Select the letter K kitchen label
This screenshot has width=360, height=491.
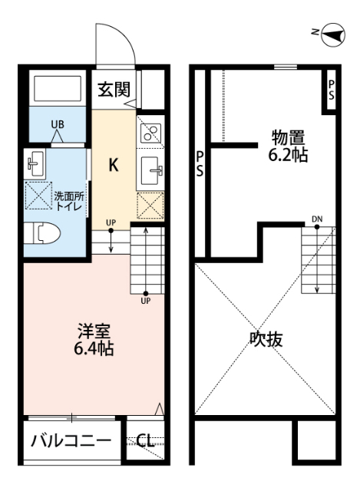[x=113, y=164]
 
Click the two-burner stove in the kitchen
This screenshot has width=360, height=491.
[x=150, y=133]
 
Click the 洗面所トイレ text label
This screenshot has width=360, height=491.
[x=69, y=201]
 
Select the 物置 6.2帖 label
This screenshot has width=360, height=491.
[x=289, y=147]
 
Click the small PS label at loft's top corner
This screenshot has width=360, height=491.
[x=331, y=91]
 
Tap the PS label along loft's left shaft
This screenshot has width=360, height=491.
[x=199, y=164]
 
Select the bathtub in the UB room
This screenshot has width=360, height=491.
[x=57, y=90]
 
